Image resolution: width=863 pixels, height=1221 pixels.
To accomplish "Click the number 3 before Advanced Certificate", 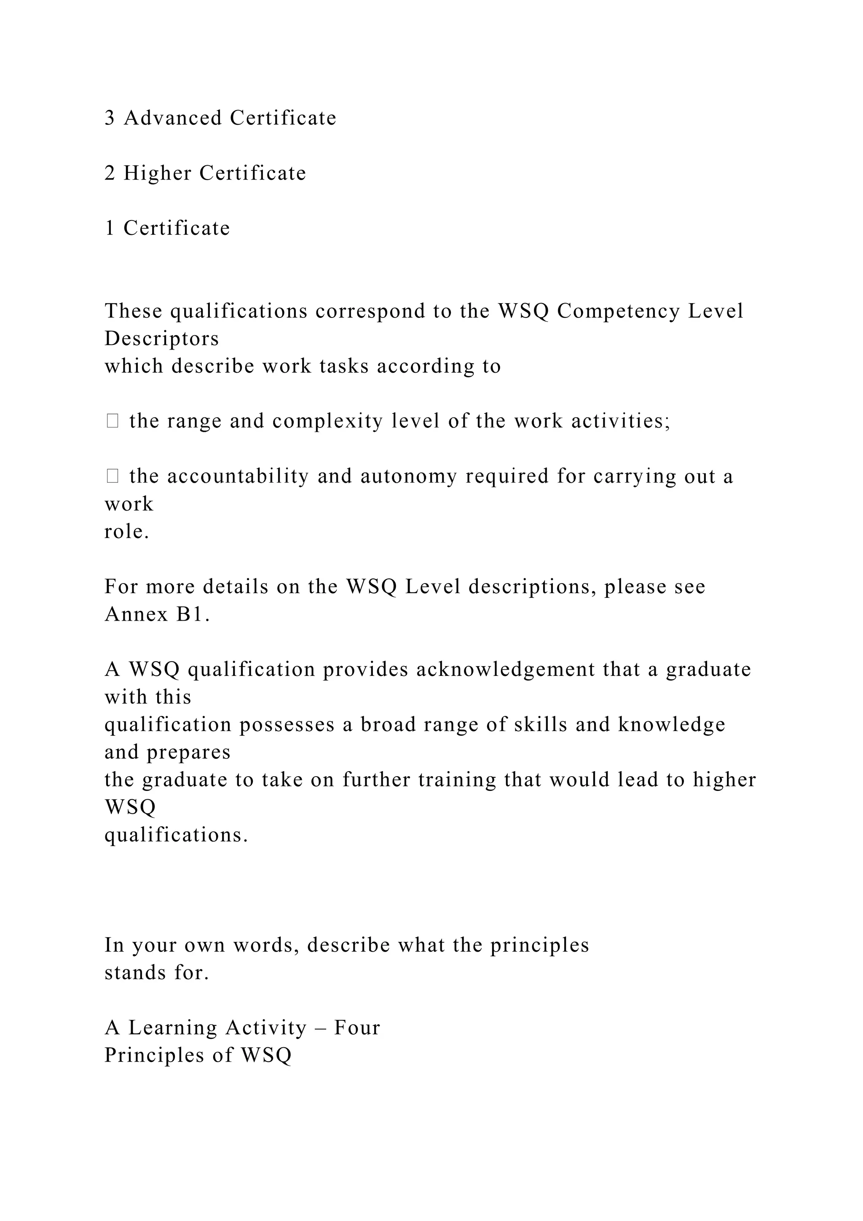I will coord(110,118).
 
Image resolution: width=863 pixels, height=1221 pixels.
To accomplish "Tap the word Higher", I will coord(157,173).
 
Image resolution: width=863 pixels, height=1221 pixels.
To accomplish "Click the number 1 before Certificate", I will coord(110,228).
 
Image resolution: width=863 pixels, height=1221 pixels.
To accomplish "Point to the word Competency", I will coord(619,311).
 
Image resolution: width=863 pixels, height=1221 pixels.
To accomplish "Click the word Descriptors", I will coord(161,339).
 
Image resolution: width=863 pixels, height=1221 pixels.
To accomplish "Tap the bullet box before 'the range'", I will coord(112,421).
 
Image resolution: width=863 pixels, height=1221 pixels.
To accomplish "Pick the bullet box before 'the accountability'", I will coord(112,476).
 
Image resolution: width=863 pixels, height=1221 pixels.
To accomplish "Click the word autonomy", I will coord(409,476).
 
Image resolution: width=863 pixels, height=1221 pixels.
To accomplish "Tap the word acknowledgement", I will coord(505,670).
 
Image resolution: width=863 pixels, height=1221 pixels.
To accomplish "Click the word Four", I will coord(357,1028).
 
